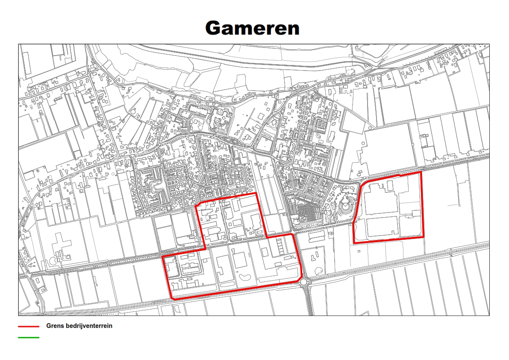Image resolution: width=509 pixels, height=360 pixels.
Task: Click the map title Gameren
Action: [x=252, y=28]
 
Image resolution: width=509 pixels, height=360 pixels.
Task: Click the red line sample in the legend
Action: [x=29, y=326]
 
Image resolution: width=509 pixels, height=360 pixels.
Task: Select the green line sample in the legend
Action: [x=29, y=338]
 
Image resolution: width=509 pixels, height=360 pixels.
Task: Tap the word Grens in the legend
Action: [x=54, y=326]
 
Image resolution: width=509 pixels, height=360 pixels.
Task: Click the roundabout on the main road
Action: [x=304, y=282]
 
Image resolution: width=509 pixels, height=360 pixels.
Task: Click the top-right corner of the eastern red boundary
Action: [x=421, y=172]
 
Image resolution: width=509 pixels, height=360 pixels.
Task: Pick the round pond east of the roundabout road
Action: [x=319, y=271]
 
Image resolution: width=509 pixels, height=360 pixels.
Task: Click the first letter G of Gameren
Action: [x=213, y=28]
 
